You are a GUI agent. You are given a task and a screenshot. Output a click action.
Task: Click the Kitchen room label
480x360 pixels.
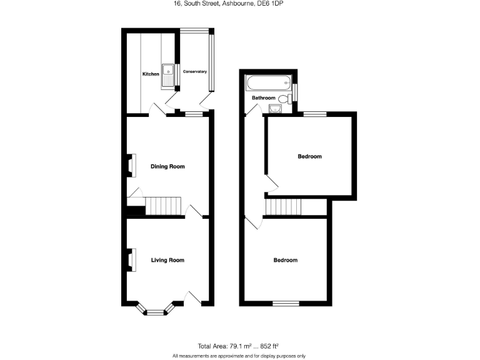(151, 74)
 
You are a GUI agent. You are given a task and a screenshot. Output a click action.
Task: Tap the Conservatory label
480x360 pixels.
(194, 72)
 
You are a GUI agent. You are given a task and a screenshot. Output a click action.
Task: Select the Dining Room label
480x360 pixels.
(167, 166)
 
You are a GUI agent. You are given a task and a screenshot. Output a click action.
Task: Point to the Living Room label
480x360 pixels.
(167, 260)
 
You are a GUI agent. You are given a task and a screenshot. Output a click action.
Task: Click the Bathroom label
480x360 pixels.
(263, 98)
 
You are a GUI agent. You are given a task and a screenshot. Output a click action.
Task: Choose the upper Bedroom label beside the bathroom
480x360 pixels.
(309, 156)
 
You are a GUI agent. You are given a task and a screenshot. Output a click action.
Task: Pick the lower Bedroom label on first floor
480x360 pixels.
(285, 260)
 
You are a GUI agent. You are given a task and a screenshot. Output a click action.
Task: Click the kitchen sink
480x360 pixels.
(168, 74)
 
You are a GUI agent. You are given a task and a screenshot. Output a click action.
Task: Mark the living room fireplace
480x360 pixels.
(131, 260)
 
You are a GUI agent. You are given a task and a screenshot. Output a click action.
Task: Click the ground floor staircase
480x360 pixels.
(164, 206)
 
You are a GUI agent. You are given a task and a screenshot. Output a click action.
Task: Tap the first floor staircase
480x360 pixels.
(282, 206)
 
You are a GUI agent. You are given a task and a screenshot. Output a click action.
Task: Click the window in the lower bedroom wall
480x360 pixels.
(286, 303)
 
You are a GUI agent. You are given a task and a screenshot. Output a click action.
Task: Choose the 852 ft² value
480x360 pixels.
(267, 346)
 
